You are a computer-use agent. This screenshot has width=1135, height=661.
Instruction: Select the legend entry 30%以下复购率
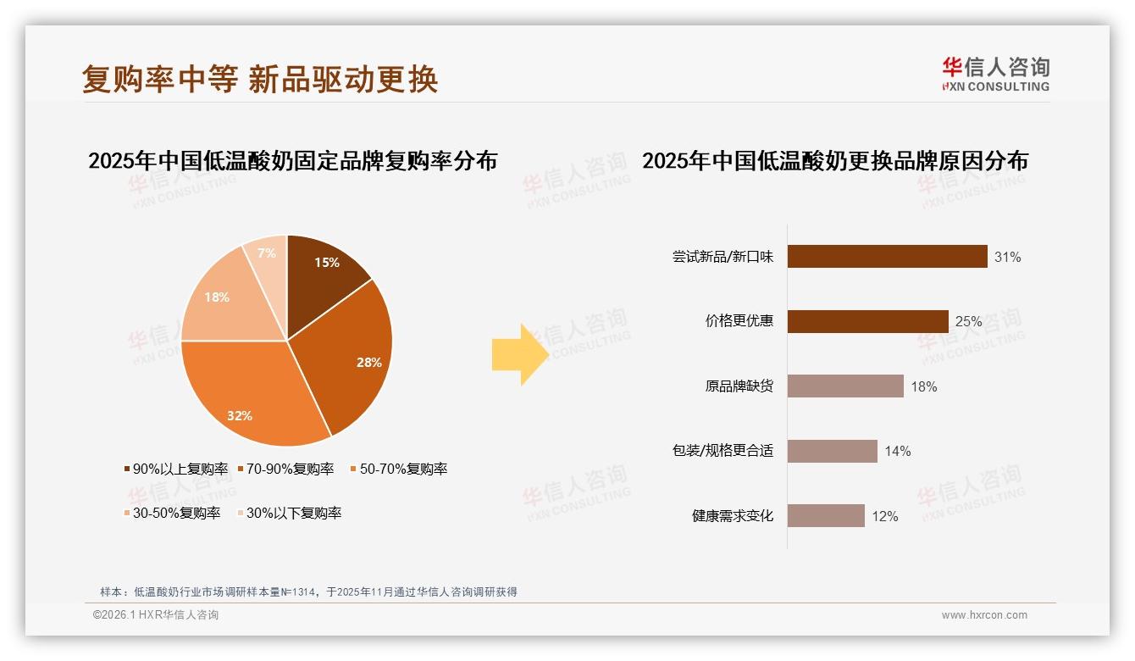(x=293, y=513)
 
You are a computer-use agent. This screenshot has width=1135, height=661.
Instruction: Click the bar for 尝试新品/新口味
(x=887, y=256)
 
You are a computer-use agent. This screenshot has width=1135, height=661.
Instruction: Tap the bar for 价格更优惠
(x=867, y=321)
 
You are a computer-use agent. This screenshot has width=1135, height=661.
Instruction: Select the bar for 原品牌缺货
(x=845, y=386)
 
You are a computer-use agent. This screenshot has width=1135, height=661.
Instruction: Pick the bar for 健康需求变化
(x=826, y=516)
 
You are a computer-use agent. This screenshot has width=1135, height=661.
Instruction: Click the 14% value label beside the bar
(x=898, y=451)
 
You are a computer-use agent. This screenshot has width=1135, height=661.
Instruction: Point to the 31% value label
(x=1008, y=257)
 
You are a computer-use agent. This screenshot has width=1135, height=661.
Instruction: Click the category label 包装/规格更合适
(x=723, y=451)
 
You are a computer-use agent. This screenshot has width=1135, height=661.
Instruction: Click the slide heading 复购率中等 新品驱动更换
(x=260, y=79)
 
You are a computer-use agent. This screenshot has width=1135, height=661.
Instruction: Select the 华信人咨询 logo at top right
(x=995, y=74)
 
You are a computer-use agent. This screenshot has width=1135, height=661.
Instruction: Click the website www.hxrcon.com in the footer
(x=984, y=615)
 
